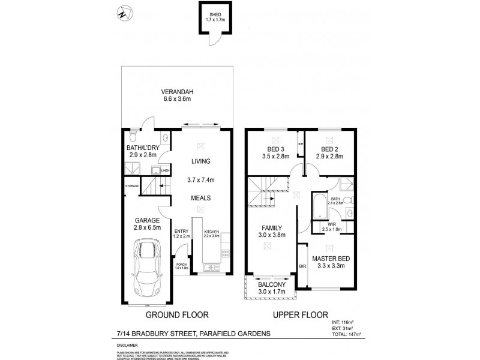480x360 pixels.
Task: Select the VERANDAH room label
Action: tap(176, 92)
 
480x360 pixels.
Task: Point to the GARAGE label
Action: tap(146, 220)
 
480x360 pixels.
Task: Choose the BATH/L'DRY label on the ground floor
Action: tap(142, 147)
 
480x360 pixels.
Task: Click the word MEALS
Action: tap(201, 197)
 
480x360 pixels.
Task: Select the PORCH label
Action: tap(181, 264)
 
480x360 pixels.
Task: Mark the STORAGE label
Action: tap(132, 186)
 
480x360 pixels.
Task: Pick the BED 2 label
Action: tap(331, 149)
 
